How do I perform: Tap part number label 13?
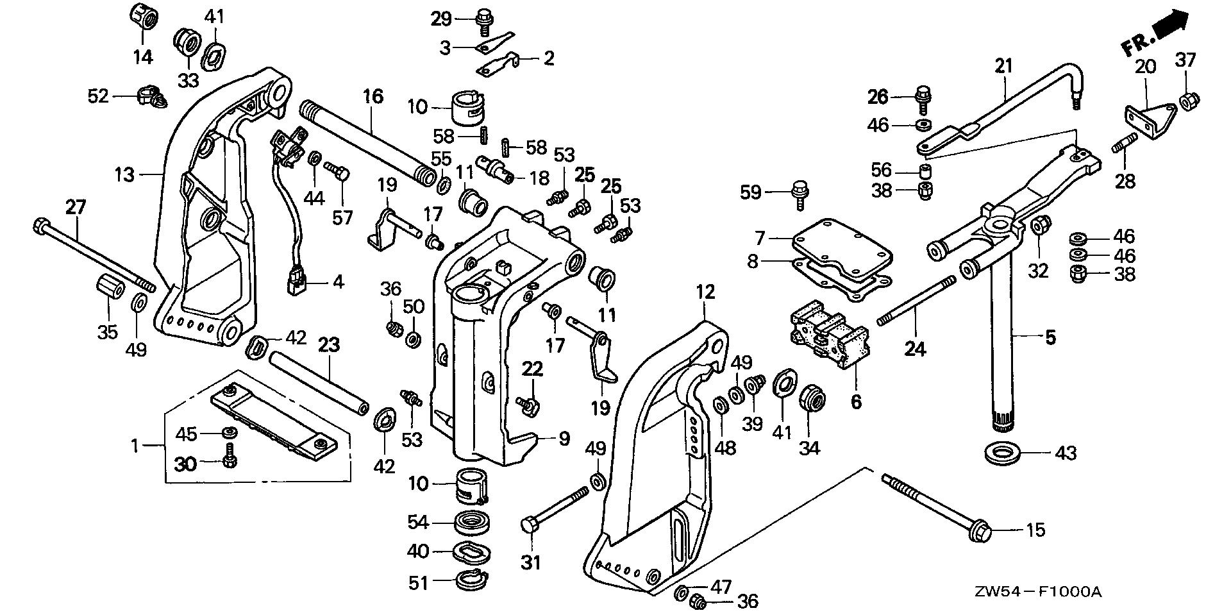125,174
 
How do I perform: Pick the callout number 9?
564,439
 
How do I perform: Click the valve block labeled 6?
830,333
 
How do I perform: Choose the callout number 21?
1003,65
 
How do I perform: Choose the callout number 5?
1050,337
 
